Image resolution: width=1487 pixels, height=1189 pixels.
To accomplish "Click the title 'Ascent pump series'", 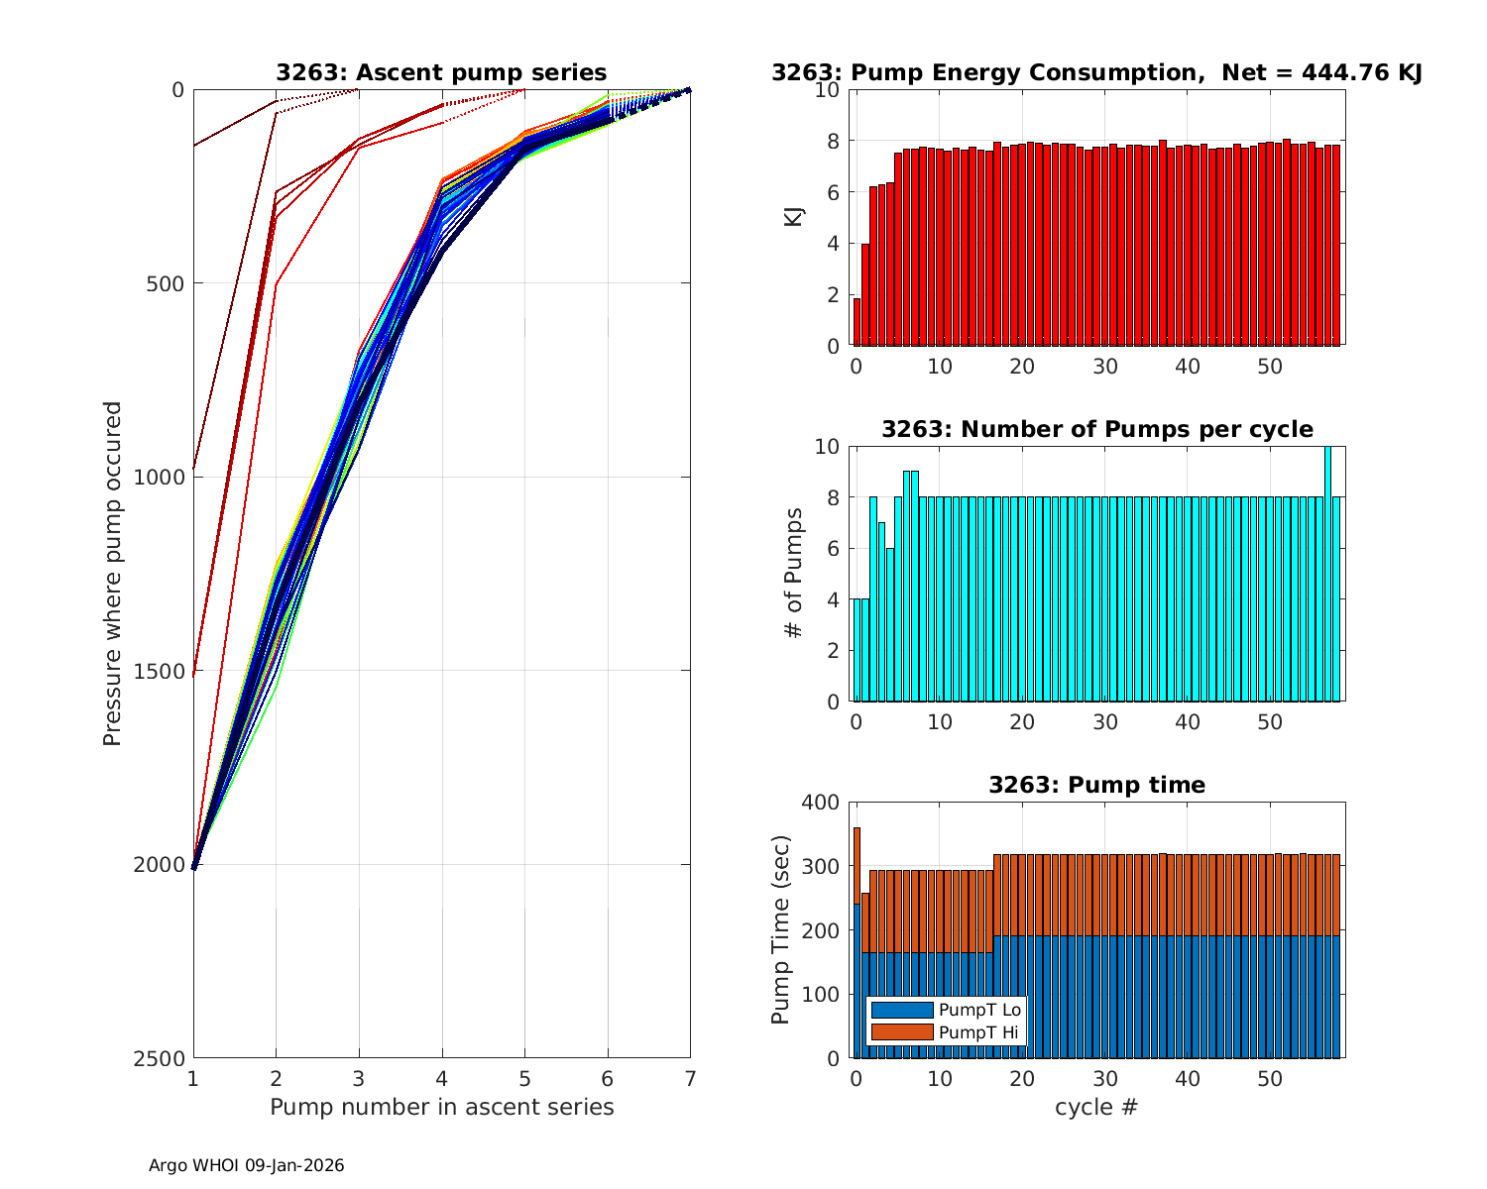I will point(441,72).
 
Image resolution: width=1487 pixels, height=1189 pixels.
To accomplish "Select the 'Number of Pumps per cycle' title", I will point(1096,429).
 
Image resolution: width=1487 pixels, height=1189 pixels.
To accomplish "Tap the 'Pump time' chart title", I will point(1096,785).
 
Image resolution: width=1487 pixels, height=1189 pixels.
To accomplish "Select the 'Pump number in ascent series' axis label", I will point(441,1107).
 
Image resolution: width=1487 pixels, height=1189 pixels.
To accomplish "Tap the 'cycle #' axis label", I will point(1096,1107).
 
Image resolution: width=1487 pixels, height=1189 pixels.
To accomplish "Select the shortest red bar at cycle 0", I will point(857,322).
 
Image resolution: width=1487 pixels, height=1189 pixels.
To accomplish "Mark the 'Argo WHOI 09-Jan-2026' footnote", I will point(246,1166).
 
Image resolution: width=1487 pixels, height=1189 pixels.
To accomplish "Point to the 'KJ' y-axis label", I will point(794,217).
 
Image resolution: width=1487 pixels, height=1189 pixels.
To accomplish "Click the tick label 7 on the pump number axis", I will point(690,1077).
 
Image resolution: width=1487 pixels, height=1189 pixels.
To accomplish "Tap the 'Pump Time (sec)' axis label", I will point(781,929).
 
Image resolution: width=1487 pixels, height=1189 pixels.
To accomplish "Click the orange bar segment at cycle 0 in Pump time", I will point(857,865).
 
